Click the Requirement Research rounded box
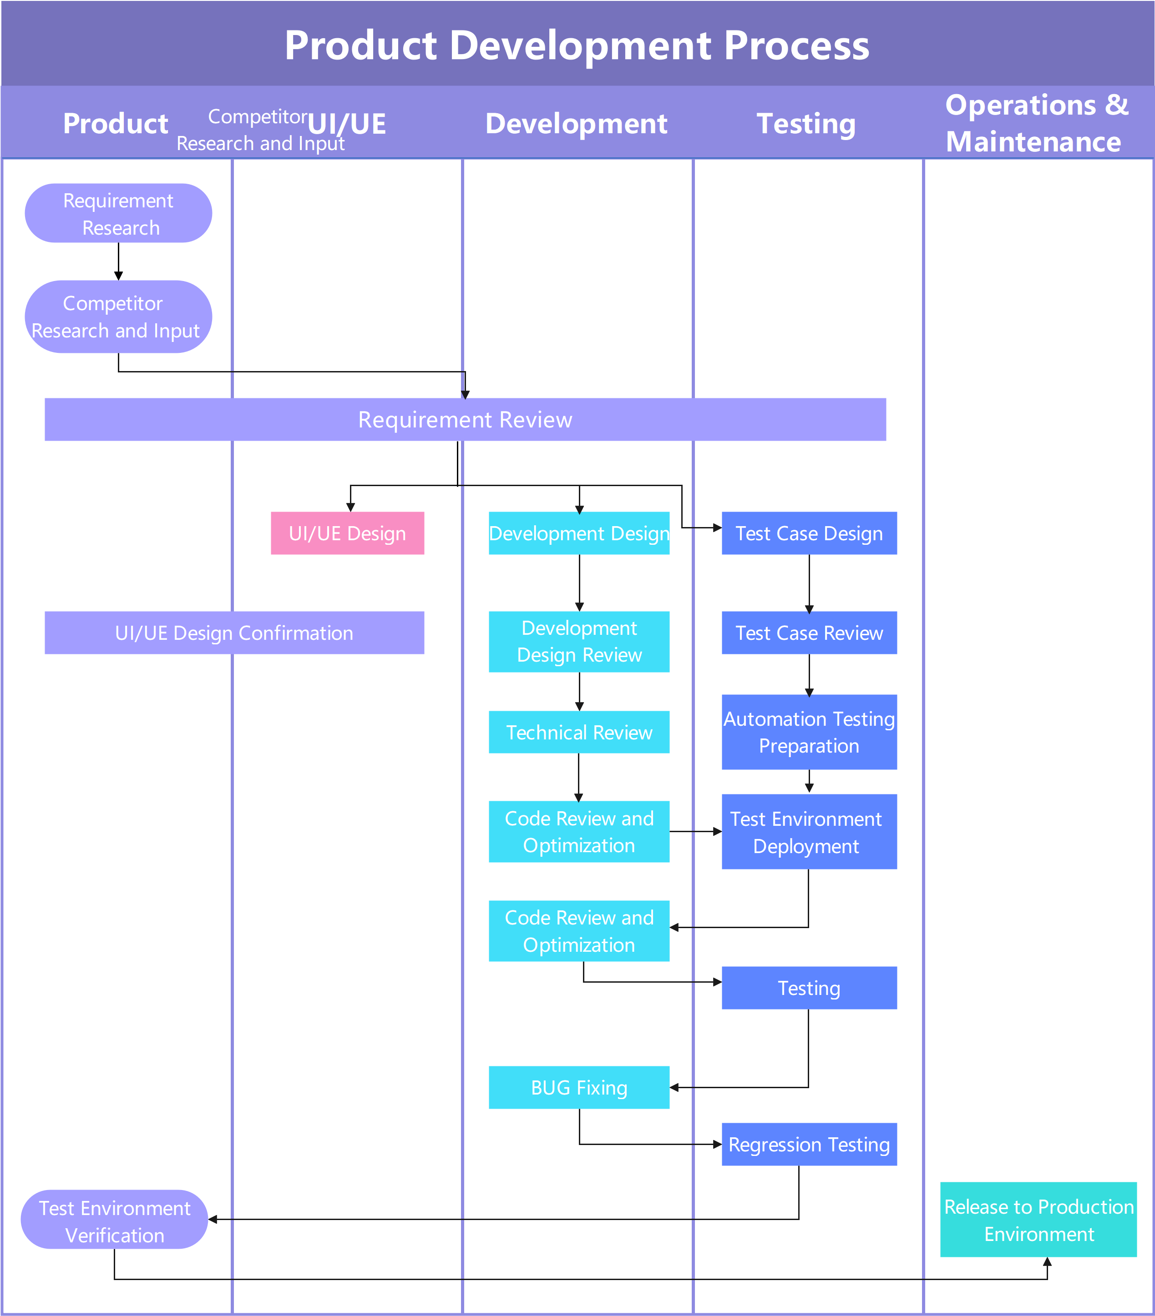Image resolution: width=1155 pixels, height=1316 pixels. click(118, 213)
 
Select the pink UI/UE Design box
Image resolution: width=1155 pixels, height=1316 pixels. click(347, 533)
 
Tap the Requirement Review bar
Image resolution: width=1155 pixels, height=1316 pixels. click(465, 419)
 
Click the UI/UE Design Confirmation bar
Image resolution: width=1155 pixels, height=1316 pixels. click(234, 633)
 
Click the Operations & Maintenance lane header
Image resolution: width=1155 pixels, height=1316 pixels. click(1037, 123)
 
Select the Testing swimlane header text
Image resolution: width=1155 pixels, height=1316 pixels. click(806, 124)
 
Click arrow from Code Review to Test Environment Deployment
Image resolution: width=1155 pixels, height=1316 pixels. click(694, 832)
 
